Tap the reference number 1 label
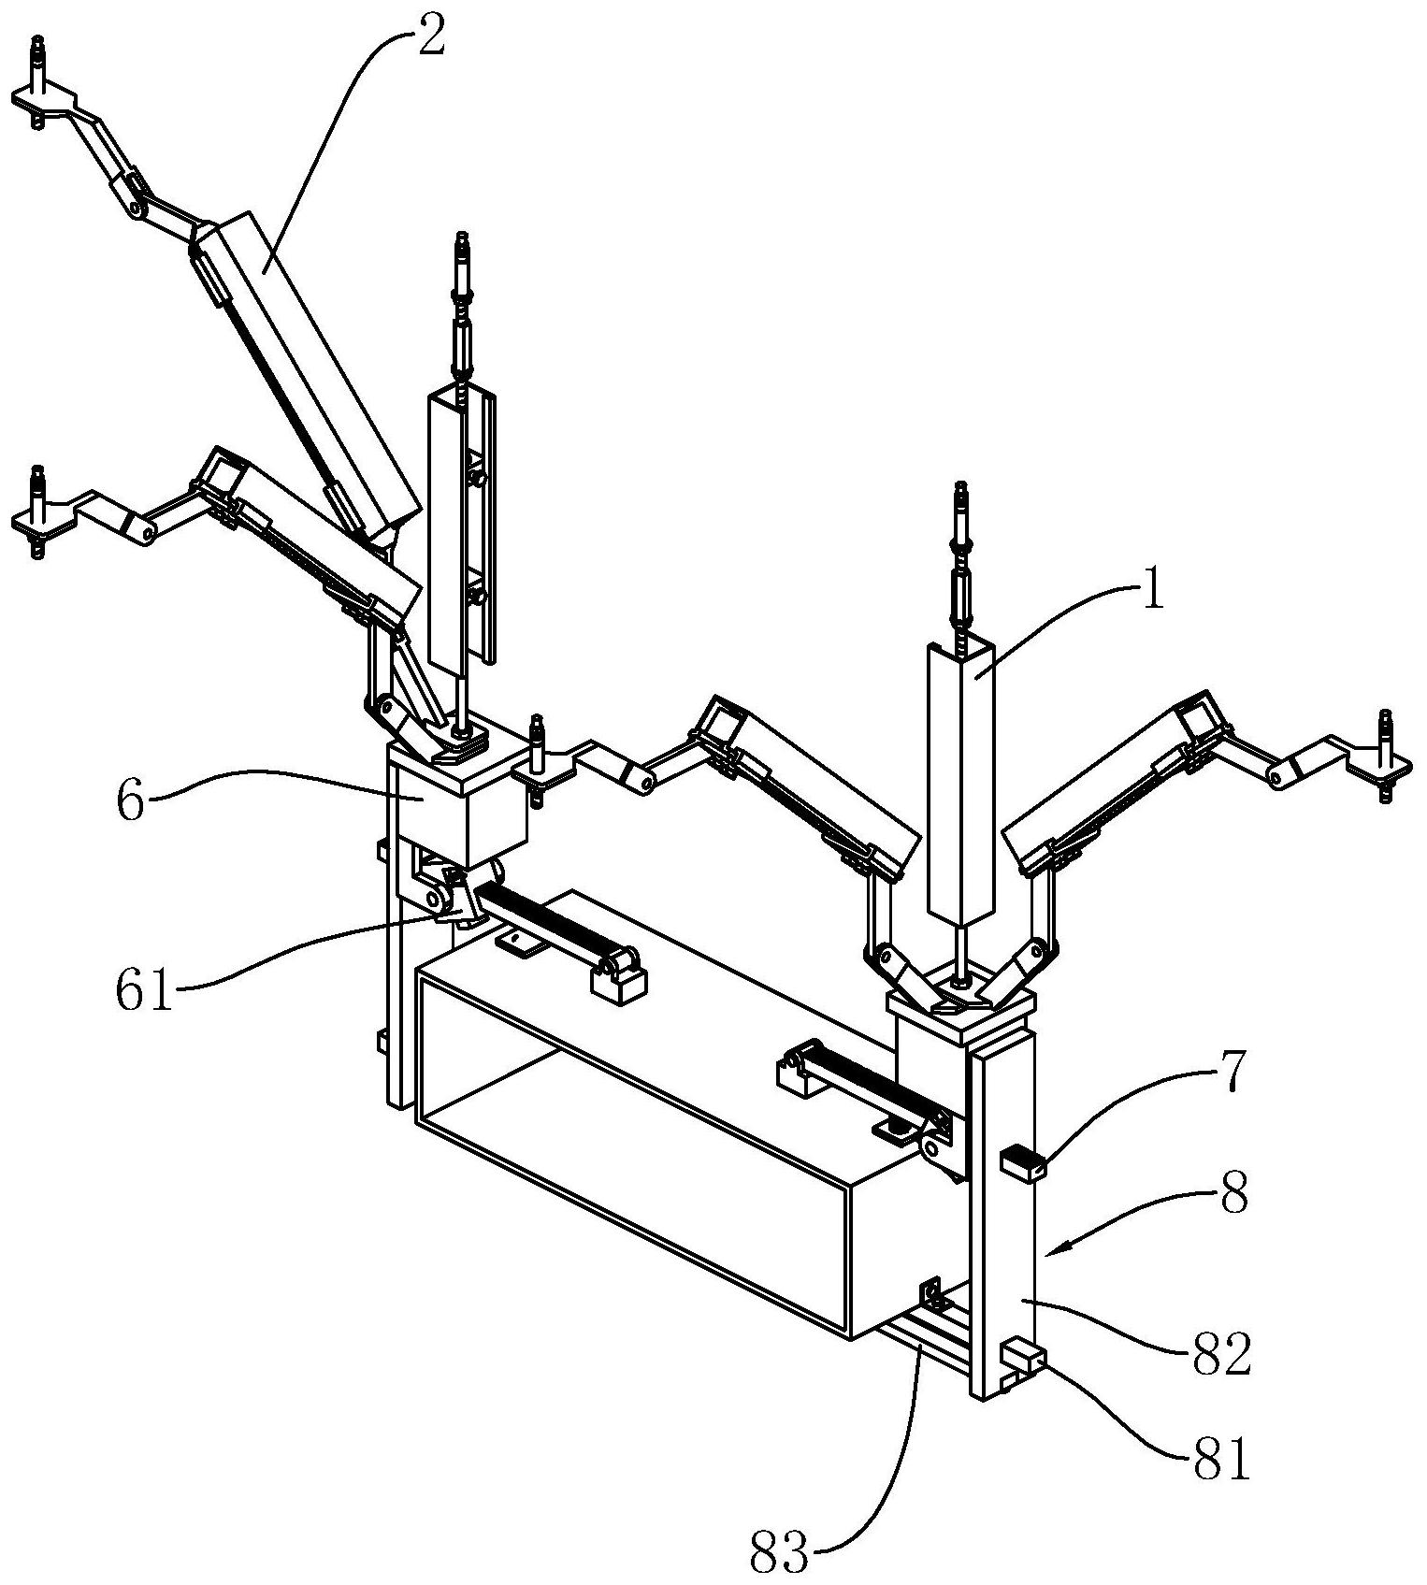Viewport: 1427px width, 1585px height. pos(1155,595)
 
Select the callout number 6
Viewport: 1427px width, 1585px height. pos(131,801)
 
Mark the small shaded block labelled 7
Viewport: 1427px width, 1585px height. pos(1022,1165)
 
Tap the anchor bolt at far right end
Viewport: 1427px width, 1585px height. pos(1384,756)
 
